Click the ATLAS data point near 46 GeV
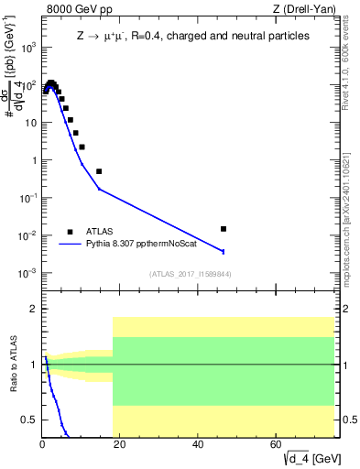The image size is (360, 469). coord(224,229)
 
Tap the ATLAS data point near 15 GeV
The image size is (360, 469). coord(99,171)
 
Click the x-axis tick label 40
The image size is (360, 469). coord(198,445)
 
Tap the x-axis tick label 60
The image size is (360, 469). coord(277,445)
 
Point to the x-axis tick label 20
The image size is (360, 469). coord(120,445)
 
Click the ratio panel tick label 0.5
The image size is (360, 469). coord(29,420)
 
